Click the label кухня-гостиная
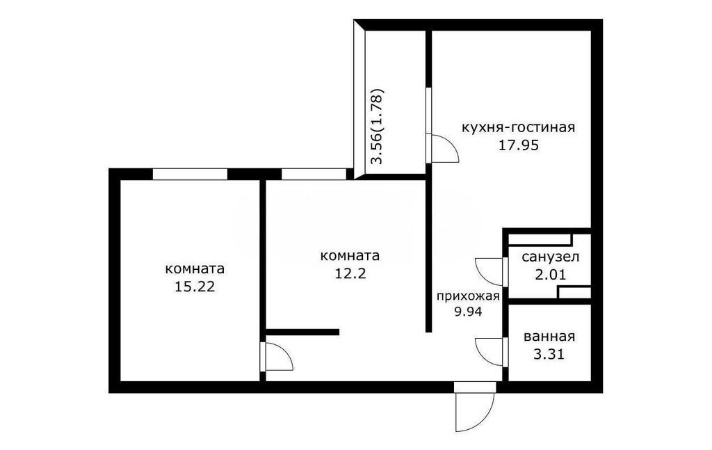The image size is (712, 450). (517, 127)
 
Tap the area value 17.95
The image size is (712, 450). (519, 145)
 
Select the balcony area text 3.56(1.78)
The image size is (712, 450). (378, 126)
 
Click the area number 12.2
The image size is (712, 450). (350, 273)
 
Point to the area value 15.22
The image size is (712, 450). (195, 287)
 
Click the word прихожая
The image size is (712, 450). (468, 297)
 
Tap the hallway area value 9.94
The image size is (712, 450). (468, 312)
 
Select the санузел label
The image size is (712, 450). (551, 257)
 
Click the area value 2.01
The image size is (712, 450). (551, 275)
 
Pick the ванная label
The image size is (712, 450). (549, 337)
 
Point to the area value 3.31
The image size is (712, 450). (549, 354)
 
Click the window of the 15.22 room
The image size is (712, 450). (190, 175)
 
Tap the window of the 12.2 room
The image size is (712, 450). (314, 175)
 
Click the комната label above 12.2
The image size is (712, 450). (350, 256)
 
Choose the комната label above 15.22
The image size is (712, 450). (195, 269)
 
